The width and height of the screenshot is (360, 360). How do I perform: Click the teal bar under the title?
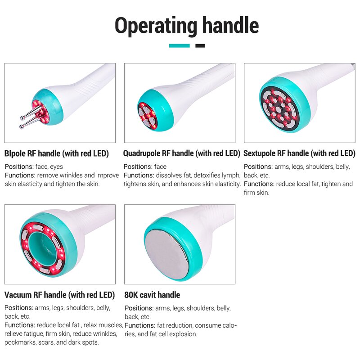tap(179, 46)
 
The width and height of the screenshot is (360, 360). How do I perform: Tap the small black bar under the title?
tap(200, 46)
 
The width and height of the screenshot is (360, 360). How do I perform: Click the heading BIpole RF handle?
tap(57, 153)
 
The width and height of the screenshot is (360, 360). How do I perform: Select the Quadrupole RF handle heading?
tap(182, 153)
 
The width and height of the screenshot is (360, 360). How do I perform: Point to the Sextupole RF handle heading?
tap(299, 153)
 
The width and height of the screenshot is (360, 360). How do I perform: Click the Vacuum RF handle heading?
tap(59, 295)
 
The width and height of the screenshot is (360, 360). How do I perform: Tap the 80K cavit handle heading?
tap(152, 295)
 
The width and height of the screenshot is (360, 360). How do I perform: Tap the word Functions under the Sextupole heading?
tap(259, 184)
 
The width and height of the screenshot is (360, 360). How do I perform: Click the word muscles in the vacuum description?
tap(112, 325)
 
